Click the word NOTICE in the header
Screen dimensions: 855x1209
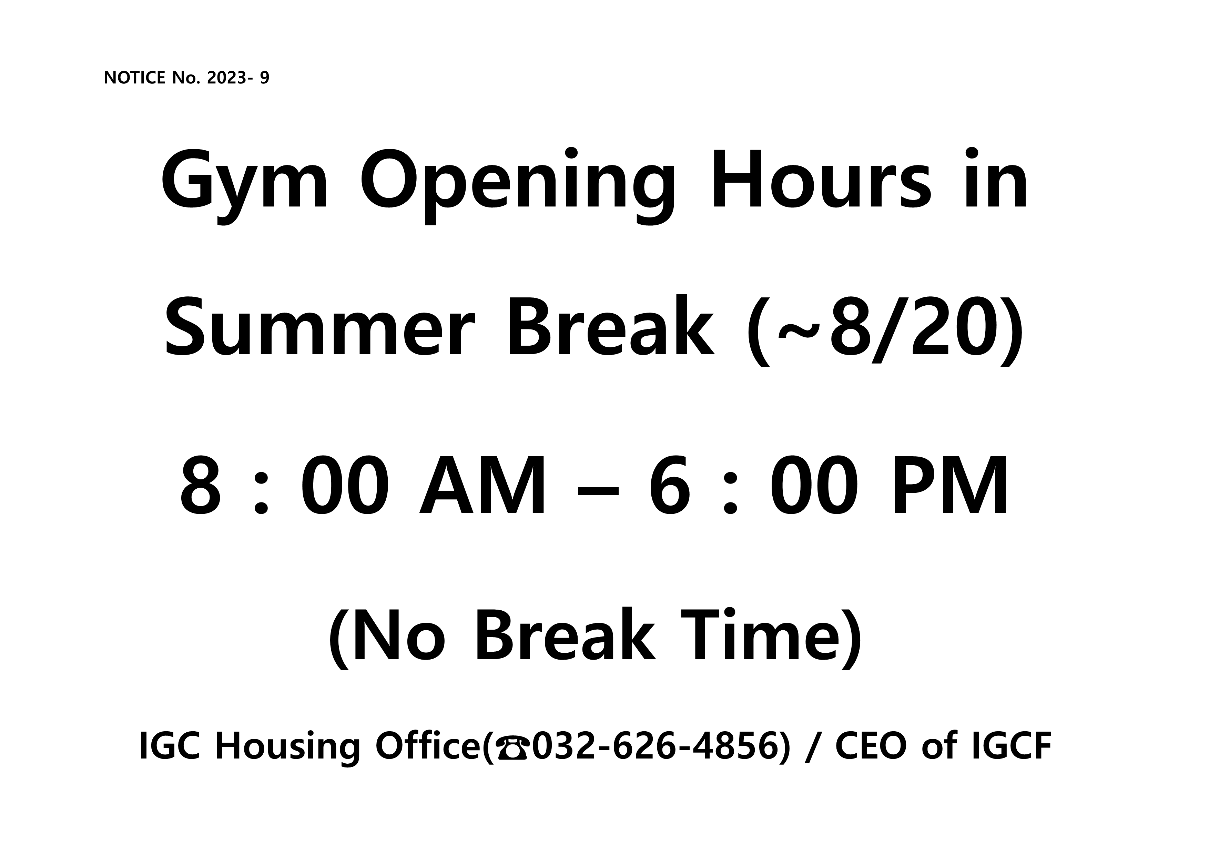pyautogui.click(x=135, y=78)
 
